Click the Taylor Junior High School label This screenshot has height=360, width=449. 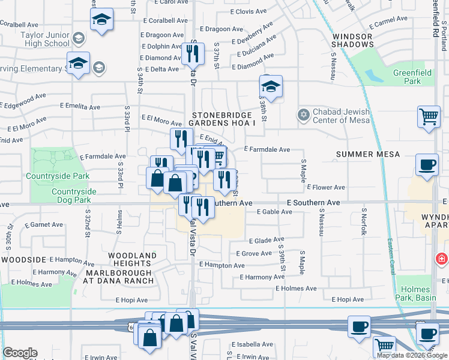click(x=44, y=40)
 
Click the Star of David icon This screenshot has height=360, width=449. click(x=304, y=113)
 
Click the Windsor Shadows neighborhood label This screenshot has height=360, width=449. click(x=352, y=41)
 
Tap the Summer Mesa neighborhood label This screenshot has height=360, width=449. click(x=368, y=154)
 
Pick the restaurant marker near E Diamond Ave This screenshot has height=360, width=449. click(x=193, y=54)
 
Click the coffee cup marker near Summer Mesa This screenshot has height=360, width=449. click(x=427, y=164)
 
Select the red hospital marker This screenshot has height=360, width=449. click(x=442, y=259)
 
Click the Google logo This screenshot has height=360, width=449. click(x=20, y=353)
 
